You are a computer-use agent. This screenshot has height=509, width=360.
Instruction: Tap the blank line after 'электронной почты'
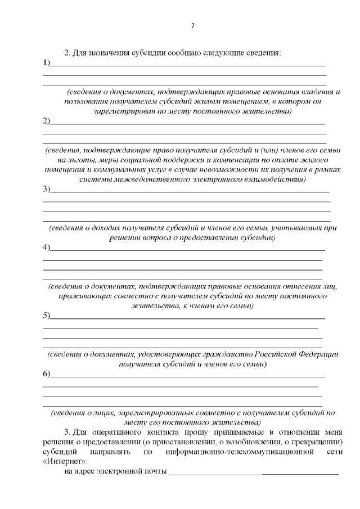(x=254, y=472)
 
